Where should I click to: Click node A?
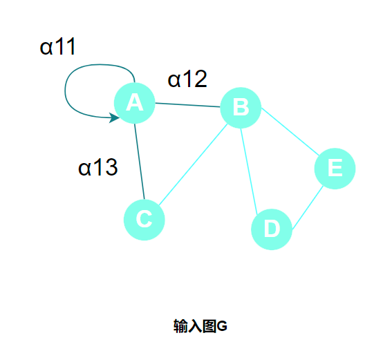click(135, 103)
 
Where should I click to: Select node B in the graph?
click(241, 108)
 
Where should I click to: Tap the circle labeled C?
click(144, 220)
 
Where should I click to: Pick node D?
click(272, 229)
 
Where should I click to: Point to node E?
click(335, 169)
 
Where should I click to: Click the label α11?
click(57, 46)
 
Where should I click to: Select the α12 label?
click(187, 79)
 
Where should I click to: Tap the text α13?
click(97, 167)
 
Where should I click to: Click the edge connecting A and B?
click(188, 105)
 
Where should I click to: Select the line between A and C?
click(140, 162)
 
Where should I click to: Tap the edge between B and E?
click(290, 131)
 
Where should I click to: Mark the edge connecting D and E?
click(308, 207)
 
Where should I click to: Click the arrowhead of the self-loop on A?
click(115, 117)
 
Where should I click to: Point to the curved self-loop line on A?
click(66, 90)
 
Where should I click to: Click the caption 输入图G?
click(200, 326)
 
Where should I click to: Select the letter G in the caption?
click(222, 326)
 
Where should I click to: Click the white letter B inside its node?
click(241, 107)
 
